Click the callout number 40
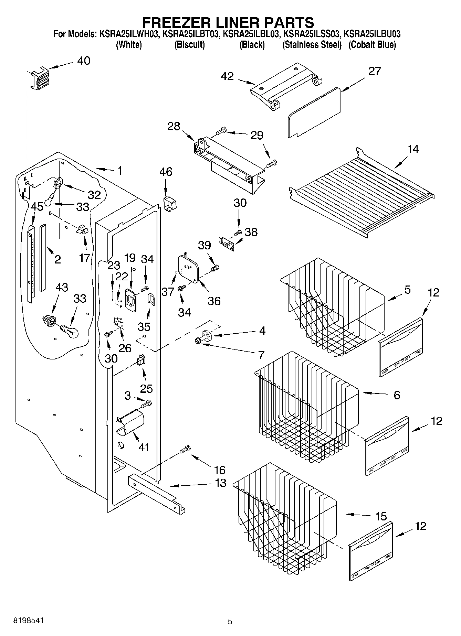pos(84,61)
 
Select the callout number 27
pos(375,71)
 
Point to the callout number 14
pos(413,149)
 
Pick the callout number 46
pos(166,172)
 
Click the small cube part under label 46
pos(170,204)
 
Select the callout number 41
pos(144,448)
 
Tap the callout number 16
pos(220,470)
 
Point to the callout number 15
pos(381,516)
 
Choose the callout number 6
pos(397,395)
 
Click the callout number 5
pos(407,290)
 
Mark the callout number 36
pos(214,301)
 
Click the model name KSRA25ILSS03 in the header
pos(312,34)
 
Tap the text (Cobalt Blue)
pos(372,45)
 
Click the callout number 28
pos(174,126)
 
